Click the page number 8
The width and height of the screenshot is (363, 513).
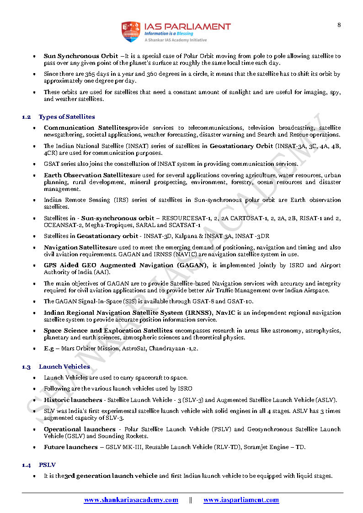(339, 25)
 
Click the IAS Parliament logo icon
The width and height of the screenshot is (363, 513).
(130, 32)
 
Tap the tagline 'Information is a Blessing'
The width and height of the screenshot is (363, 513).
(169, 33)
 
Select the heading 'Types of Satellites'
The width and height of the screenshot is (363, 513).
(67, 117)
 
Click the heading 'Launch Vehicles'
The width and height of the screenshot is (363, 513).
(64, 366)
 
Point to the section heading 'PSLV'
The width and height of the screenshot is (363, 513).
(47, 465)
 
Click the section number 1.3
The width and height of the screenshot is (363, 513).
(27, 366)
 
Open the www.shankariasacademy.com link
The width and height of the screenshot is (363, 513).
(131, 500)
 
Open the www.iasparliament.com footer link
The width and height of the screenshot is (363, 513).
(241, 500)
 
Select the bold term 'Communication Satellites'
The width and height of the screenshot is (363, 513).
(85, 128)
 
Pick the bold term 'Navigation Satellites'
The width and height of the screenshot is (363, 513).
(76, 247)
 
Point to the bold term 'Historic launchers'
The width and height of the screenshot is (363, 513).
(73, 400)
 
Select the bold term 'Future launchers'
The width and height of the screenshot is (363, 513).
(70, 447)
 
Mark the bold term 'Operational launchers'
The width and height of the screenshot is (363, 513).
(80, 429)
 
